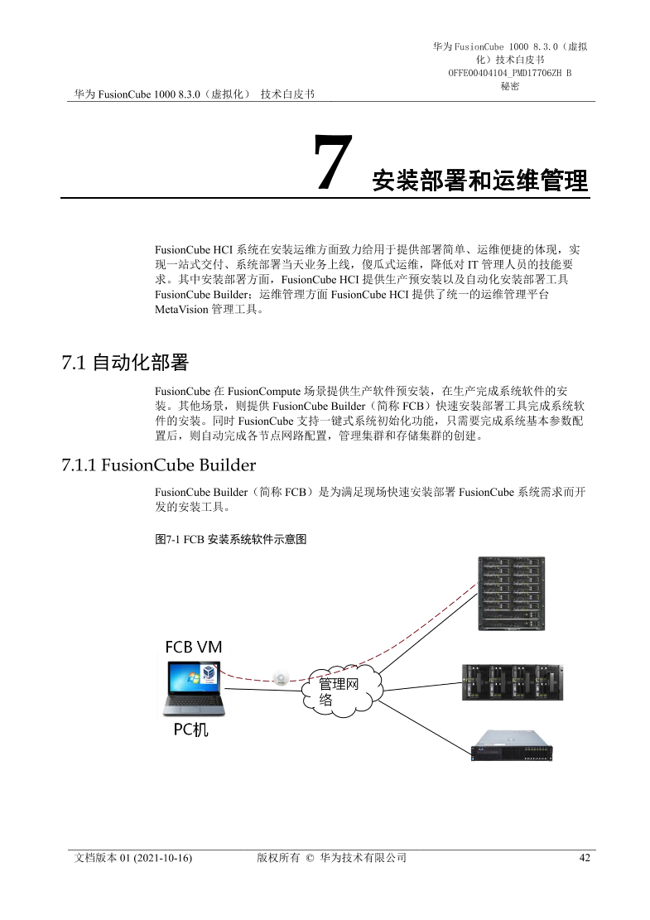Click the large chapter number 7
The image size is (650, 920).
coord(333,162)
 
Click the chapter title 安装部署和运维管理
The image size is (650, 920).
coord(480,181)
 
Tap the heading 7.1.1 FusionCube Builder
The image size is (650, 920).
coord(159,465)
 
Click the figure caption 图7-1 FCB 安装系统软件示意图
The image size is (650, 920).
coord(231,539)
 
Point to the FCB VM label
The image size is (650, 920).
coord(193,646)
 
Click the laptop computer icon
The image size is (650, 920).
coord(194,686)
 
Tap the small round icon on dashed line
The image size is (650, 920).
coord(282,680)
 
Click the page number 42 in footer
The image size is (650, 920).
coord(584,859)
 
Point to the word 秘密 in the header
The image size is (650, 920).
coord(510,86)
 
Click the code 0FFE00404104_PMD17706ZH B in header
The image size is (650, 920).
coord(510,74)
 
